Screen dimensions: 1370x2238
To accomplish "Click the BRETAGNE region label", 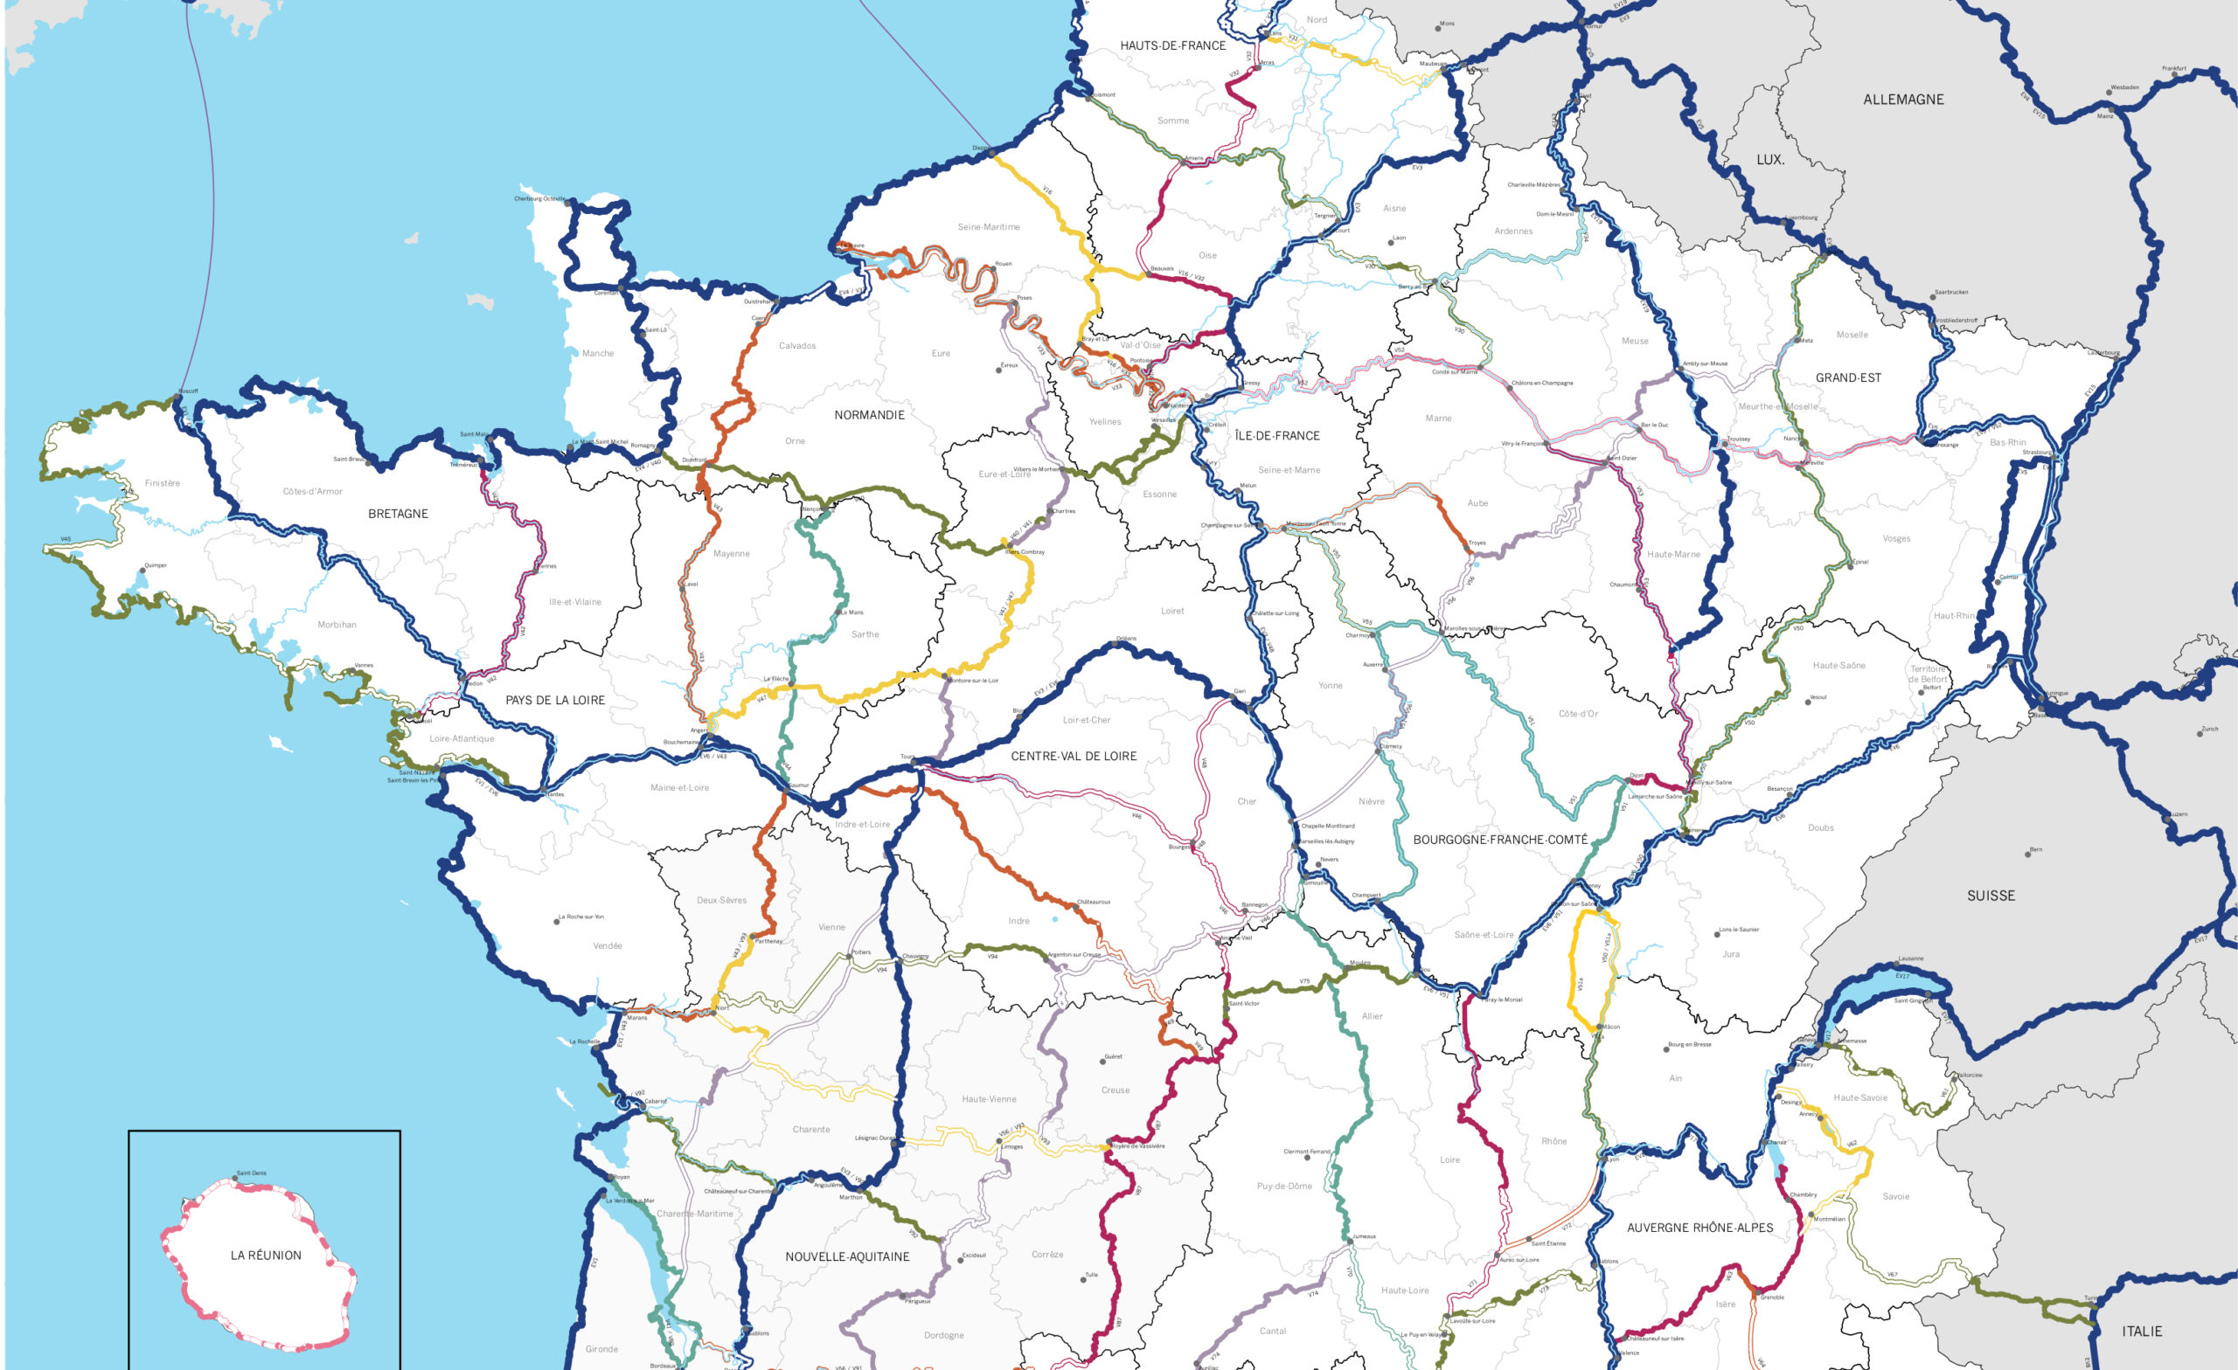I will click(x=398, y=514).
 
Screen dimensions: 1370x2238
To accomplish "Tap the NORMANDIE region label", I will click(x=869, y=415).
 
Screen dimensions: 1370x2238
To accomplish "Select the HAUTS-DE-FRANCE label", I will click(x=1172, y=45).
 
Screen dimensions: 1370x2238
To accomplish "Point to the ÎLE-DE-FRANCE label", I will click(x=1277, y=436).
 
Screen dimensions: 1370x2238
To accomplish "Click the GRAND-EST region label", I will click(x=1848, y=377).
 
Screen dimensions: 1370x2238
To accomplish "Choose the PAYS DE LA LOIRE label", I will click(x=555, y=700).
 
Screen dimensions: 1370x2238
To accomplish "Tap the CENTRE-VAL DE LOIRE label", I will click(x=1074, y=757).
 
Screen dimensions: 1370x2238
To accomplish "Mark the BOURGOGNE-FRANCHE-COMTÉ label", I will click(x=1500, y=840).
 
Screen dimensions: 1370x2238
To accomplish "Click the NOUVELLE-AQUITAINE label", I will click(x=847, y=1256).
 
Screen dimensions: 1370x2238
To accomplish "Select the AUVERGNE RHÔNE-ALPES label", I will click(x=1699, y=1228).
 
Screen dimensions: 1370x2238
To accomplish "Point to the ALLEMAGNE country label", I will click(x=1904, y=100).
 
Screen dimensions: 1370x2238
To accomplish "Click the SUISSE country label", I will click(x=1991, y=896).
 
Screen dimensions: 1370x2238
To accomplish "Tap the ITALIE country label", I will click(x=2142, y=1331).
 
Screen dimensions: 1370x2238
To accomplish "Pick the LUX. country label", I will click(x=1770, y=160).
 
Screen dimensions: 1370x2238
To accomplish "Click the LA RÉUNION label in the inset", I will click(x=266, y=1256).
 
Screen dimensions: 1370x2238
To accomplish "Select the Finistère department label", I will click(x=163, y=483).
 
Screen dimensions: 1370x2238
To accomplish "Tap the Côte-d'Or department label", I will click(x=1579, y=714).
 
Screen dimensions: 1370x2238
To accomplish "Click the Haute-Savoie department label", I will click(x=1860, y=1097).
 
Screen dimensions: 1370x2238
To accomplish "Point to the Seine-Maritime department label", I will click(x=988, y=227).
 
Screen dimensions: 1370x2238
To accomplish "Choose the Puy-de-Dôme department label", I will click(x=1284, y=1186).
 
